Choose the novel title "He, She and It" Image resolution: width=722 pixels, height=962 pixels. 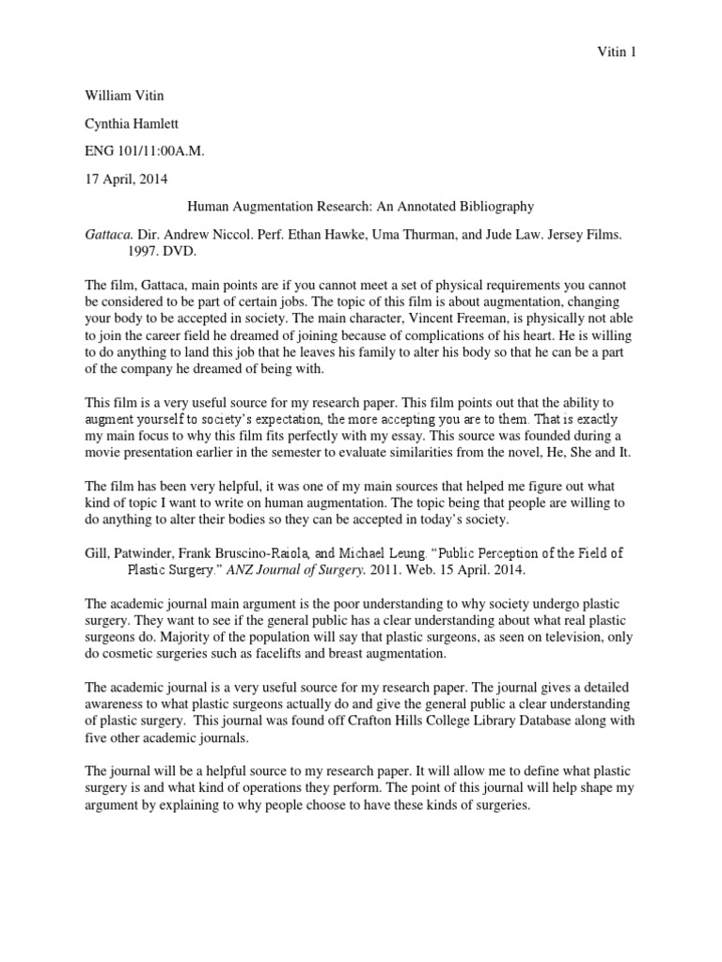click(x=587, y=452)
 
